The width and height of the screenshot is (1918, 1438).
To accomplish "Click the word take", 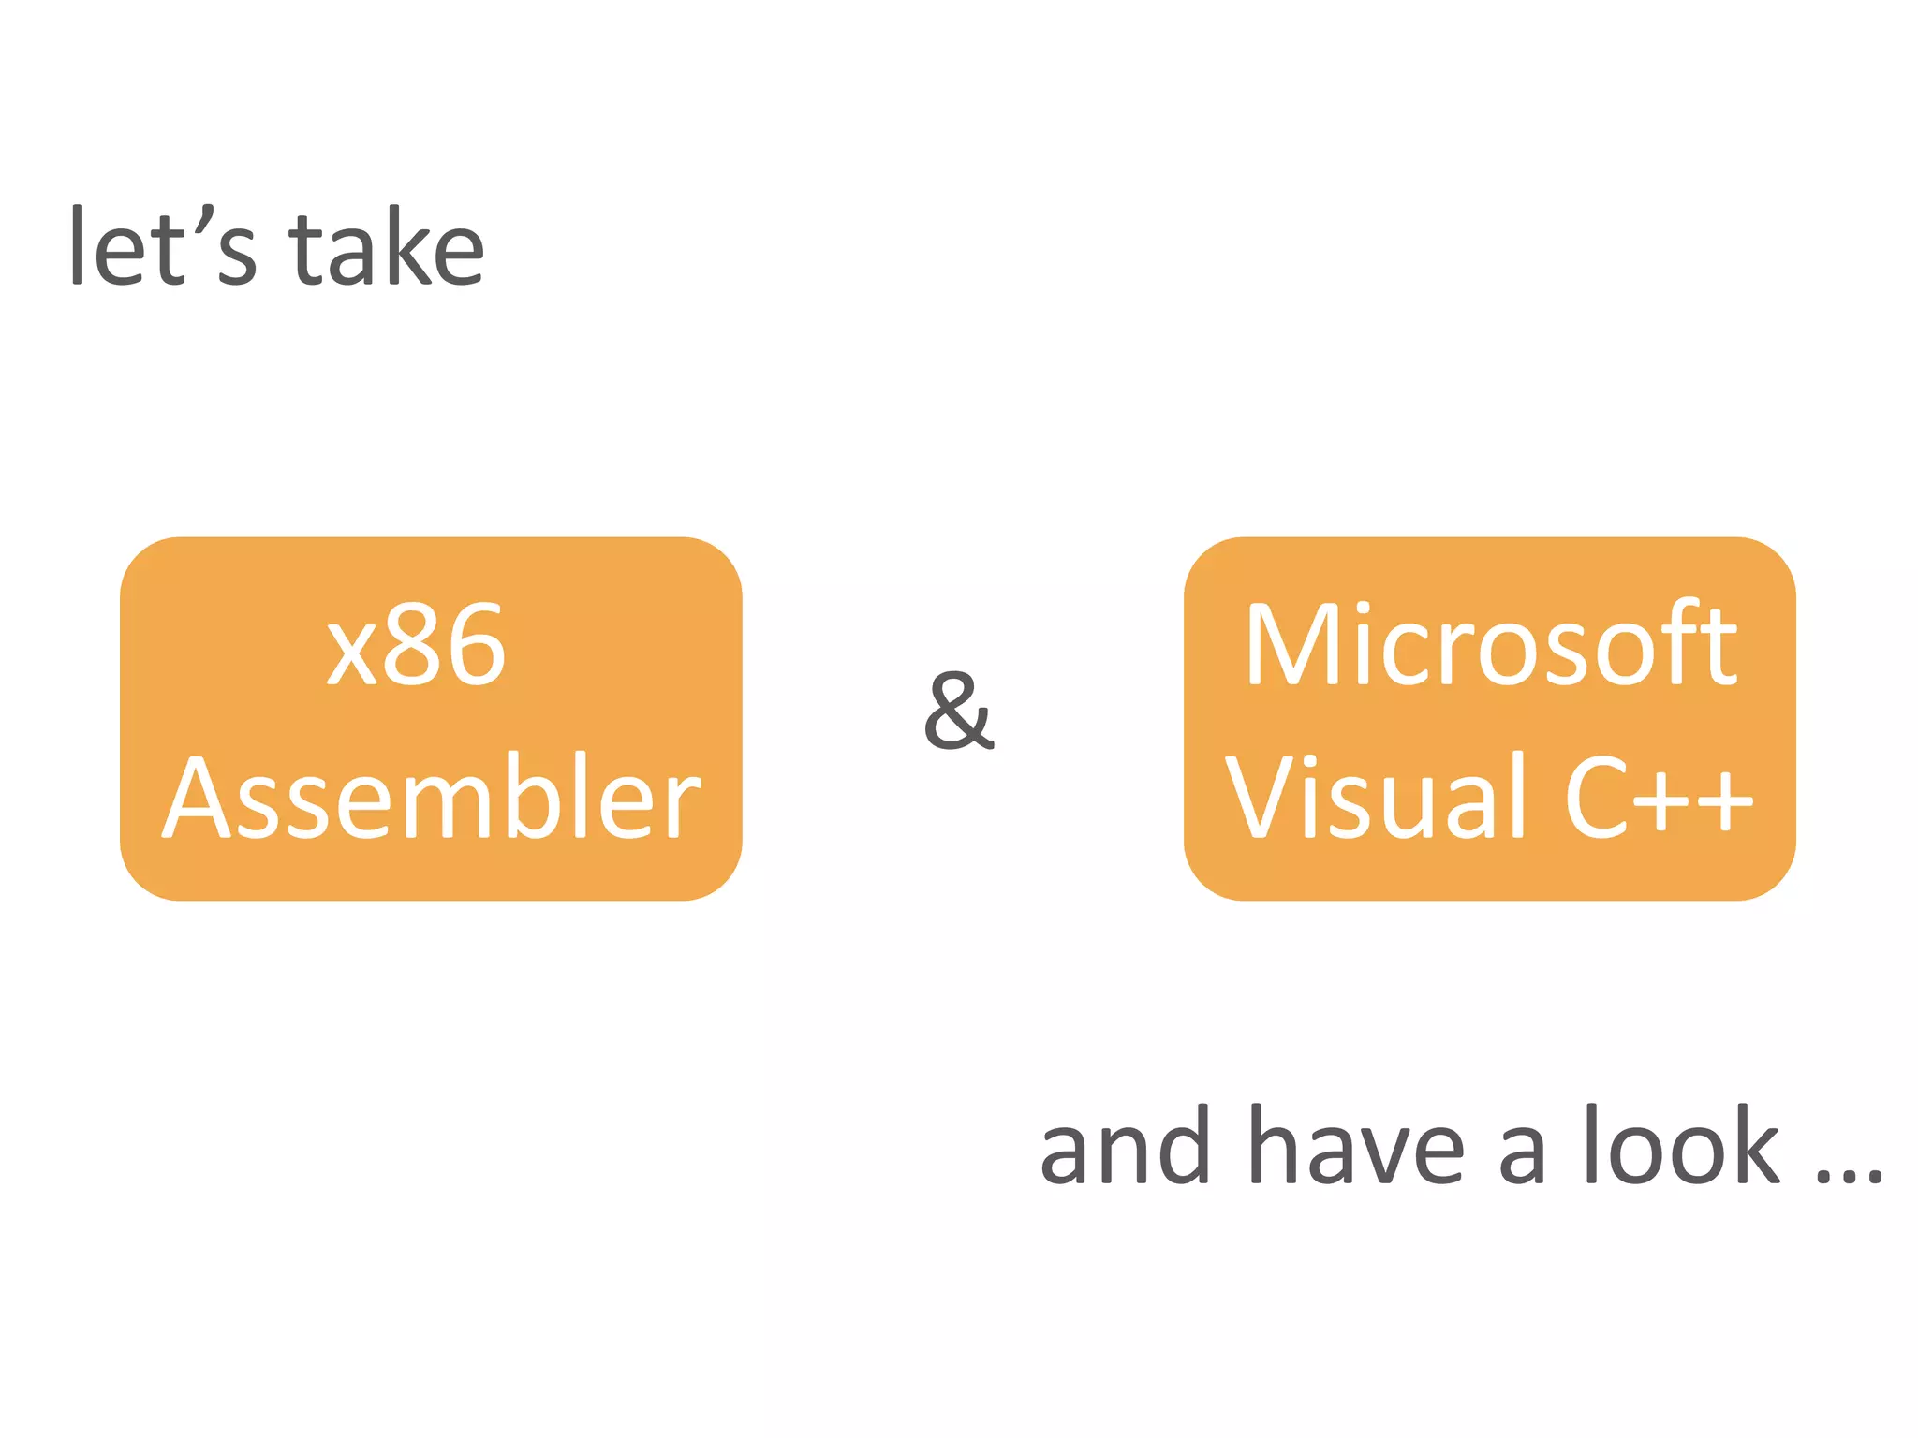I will (x=387, y=247).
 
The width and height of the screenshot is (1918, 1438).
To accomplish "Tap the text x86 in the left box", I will (x=417, y=646).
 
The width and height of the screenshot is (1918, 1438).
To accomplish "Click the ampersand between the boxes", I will (x=957, y=712).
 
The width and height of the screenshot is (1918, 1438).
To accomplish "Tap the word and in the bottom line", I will (x=1125, y=1146).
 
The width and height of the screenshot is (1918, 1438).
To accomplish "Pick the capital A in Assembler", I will (x=199, y=799).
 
